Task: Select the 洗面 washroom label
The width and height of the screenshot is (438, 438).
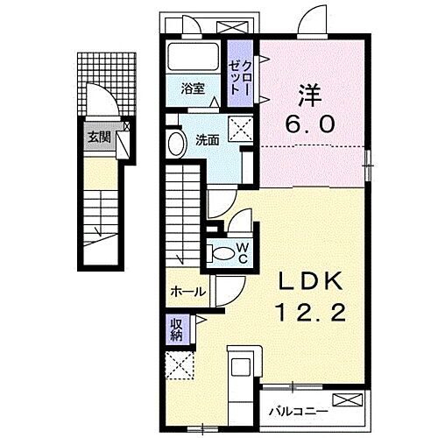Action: point(207,139)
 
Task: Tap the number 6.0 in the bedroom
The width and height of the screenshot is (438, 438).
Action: point(307,124)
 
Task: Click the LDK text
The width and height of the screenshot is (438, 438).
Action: point(309,282)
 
